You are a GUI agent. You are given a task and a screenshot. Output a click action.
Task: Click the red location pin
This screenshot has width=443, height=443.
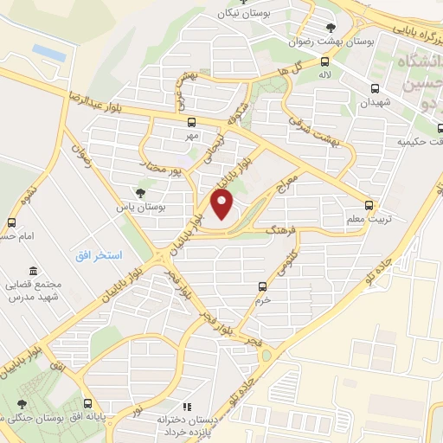223,205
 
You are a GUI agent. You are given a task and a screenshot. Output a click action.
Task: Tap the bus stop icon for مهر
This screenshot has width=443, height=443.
192,122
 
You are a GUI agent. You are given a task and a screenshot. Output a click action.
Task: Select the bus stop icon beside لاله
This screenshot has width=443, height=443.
324,61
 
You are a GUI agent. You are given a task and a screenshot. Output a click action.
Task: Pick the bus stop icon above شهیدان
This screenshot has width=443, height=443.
375,88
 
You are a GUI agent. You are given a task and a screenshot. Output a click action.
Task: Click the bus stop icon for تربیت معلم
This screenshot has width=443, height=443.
370,205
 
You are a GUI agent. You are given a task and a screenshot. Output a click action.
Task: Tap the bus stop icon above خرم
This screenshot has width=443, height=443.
262,286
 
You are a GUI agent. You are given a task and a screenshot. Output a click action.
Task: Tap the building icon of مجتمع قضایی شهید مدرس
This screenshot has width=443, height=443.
33,272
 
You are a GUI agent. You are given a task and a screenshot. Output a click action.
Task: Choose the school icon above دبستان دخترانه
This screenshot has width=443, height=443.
183,406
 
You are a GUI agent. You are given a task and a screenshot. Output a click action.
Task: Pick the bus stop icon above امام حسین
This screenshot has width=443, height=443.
11,222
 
